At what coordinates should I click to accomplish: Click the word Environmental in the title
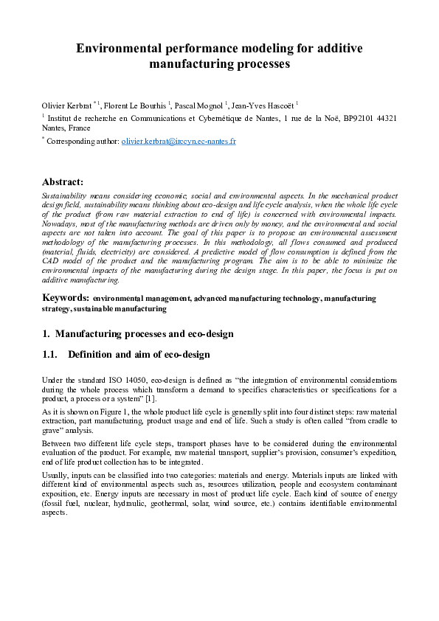(x=119, y=49)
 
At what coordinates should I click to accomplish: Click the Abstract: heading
(x=63, y=181)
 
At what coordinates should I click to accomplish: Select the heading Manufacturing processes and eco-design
(x=144, y=333)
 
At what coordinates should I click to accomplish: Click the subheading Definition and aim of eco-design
(x=138, y=355)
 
